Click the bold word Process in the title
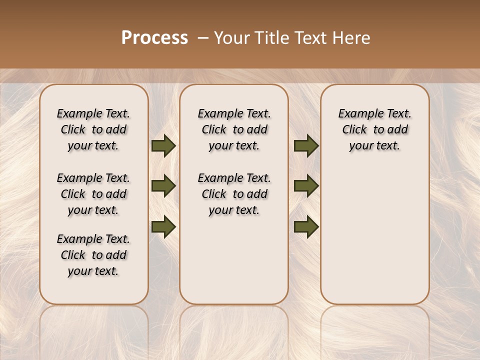pos(154,38)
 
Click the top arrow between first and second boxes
pos(163,145)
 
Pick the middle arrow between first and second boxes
pos(163,186)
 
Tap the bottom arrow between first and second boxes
pos(163,227)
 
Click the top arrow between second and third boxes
pos(306,145)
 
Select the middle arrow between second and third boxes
pos(306,186)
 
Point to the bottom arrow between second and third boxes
pos(306,227)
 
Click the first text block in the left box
pos(93,129)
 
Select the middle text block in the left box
pos(93,194)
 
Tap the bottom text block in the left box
pos(93,255)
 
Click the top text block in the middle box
pos(234,129)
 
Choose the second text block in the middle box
pos(234,194)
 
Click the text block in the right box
pos(374,129)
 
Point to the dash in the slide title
pos(203,38)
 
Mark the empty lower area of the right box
pos(374,235)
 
